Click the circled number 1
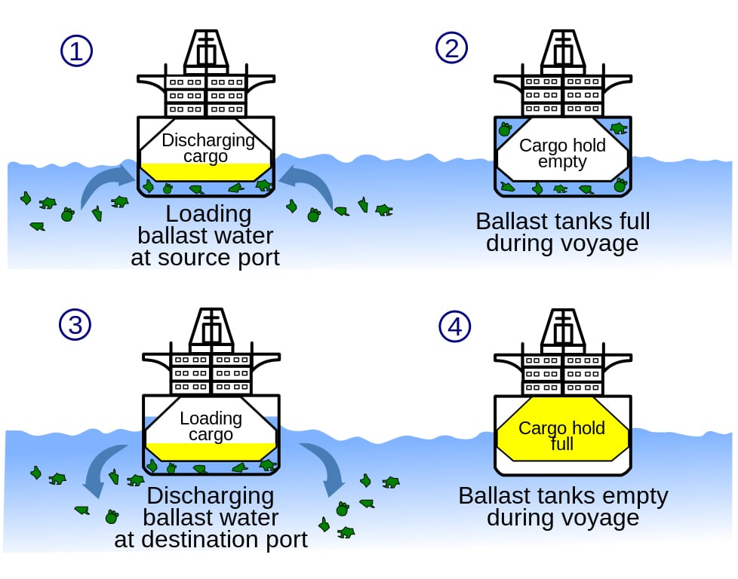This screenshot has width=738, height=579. pyautogui.click(x=75, y=51)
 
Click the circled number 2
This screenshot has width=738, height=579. pyautogui.click(x=451, y=47)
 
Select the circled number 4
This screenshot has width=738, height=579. pyautogui.click(x=454, y=326)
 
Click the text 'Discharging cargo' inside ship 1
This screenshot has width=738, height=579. pyautogui.click(x=208, y=149)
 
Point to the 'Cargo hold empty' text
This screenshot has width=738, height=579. pyautogui.click(x=562, y=154)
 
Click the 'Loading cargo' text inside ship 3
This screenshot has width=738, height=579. pyautogui.click(x=211, y=427)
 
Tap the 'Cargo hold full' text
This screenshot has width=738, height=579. pyautogui.click(x=561, y=436)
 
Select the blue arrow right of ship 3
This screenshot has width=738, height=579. pyautogui.click(x=323, y=465)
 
